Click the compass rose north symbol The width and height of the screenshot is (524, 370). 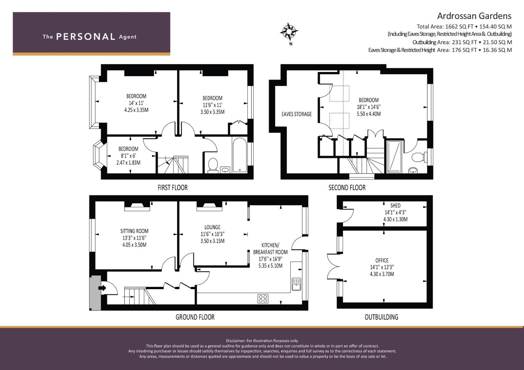click(289, 32)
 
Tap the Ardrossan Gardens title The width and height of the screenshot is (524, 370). click(474, 16)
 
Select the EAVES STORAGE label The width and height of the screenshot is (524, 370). click(296, 114)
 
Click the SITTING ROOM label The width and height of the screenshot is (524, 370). click(134, 231)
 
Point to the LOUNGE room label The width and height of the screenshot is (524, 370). click(212, 227)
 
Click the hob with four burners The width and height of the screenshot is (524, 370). click(263, 298)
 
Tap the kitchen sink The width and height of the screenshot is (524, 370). click(296, 284)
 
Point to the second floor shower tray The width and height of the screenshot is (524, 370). click(394, 157)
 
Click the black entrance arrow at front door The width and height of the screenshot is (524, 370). click(103, 288)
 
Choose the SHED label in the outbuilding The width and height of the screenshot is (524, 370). click(395, 206)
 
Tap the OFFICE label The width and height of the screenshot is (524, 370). click(382, 260)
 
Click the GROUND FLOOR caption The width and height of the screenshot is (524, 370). click(195, 317)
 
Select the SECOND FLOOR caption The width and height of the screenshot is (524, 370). click(347, 188)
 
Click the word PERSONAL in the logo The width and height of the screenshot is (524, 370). click(86, 37)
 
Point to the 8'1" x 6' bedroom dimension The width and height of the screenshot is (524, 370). click(128, 156)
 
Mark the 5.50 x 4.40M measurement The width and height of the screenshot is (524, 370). click(369, 114)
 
